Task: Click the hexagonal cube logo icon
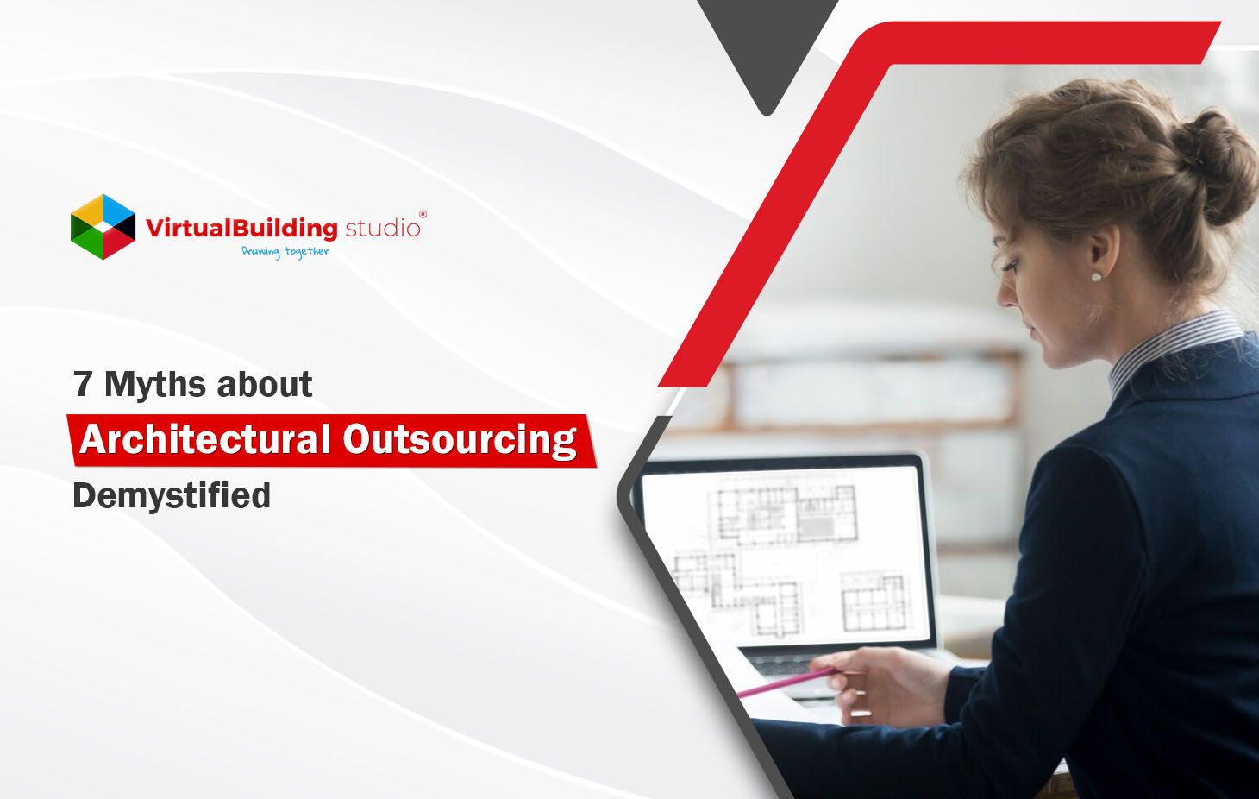(x=103, y=227)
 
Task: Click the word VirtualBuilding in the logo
(x=241, y=229)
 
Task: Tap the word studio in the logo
(x=382, y=229)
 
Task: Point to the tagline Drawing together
(x=285, y=252)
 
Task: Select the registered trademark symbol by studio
(x=422, y=214)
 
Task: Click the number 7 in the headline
(x=83, y=385)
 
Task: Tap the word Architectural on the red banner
(x=204, y=440)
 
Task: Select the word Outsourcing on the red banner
(x=459, y=440)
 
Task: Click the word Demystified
(x=172, y=496)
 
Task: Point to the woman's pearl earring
(x=1096, y=276)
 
